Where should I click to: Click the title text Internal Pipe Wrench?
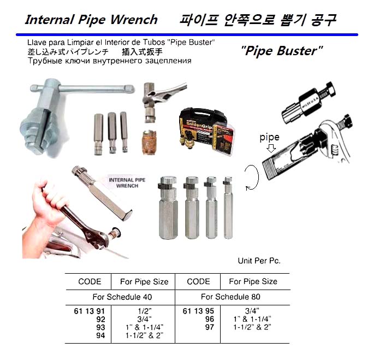[91, 20]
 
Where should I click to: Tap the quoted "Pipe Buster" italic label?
[281, 52]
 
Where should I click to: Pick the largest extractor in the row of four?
[167, 210]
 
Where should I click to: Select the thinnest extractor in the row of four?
[228, 208]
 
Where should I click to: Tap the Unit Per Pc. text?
[259, 261]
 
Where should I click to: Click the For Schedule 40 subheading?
[122, 297]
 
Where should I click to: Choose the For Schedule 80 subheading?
[230, 297]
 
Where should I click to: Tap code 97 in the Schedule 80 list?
[210, 327]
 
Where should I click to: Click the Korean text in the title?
[258, 20]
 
